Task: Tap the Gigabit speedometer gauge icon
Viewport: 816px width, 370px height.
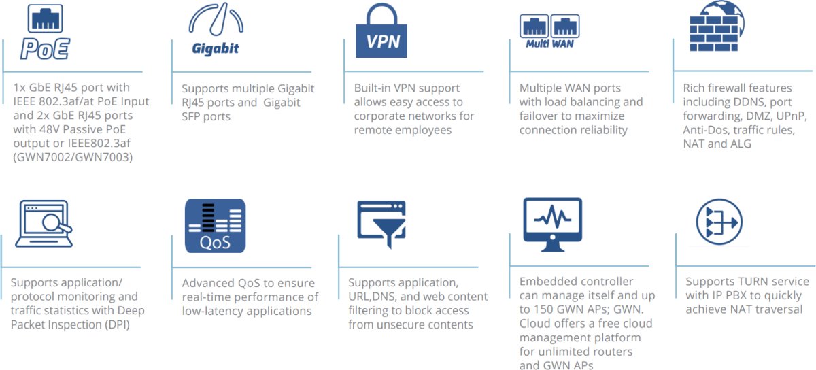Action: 216,30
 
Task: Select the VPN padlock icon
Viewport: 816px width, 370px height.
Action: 382,31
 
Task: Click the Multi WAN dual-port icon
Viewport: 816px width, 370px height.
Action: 549,30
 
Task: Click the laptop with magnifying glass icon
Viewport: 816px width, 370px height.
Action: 43,225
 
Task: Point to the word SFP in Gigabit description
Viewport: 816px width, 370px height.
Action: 194,116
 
